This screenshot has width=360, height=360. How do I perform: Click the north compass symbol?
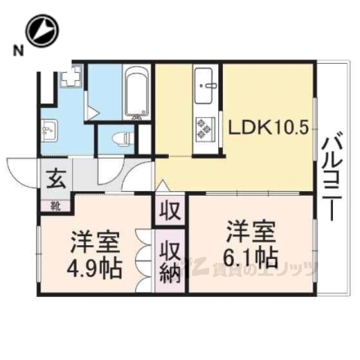[42, 31]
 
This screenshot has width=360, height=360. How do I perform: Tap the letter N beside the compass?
[16, 51]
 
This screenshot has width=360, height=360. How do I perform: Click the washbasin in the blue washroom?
[49, 129]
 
